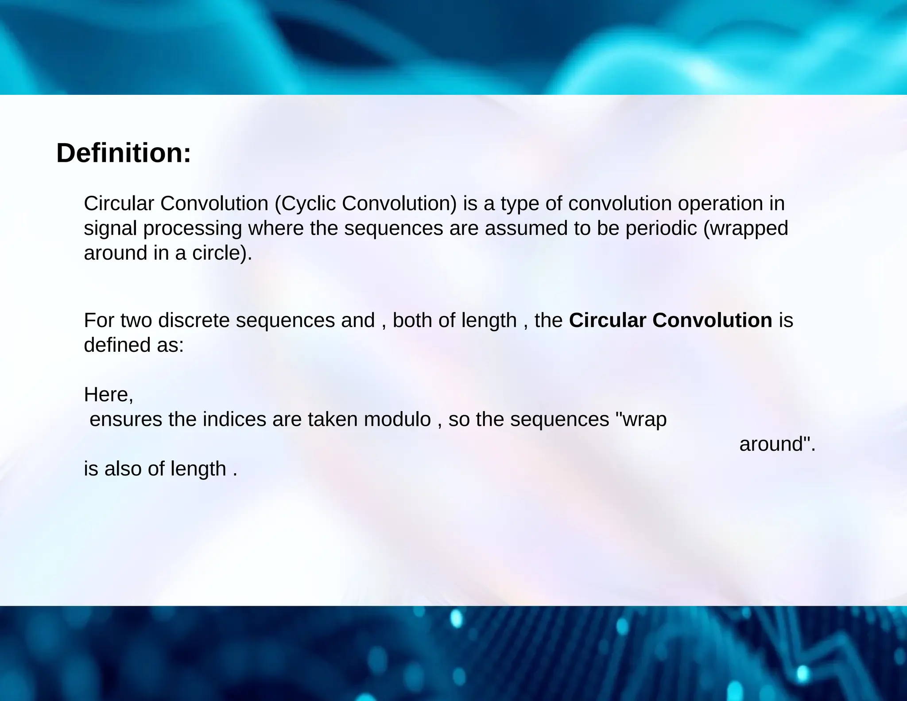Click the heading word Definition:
(x=124, y=153)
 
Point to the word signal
(x=110, y=229)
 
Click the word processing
(x=193, y=229)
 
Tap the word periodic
(x=661, y=229)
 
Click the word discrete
(x=194, y=320)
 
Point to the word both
(x=412, y=320)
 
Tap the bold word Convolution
(x=712, y=320)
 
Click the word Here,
(x=109, y=394)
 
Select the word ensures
(x=126, y=419)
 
